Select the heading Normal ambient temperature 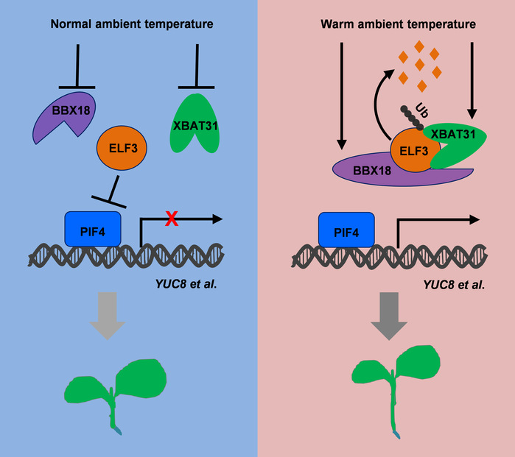pos(132,24)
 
